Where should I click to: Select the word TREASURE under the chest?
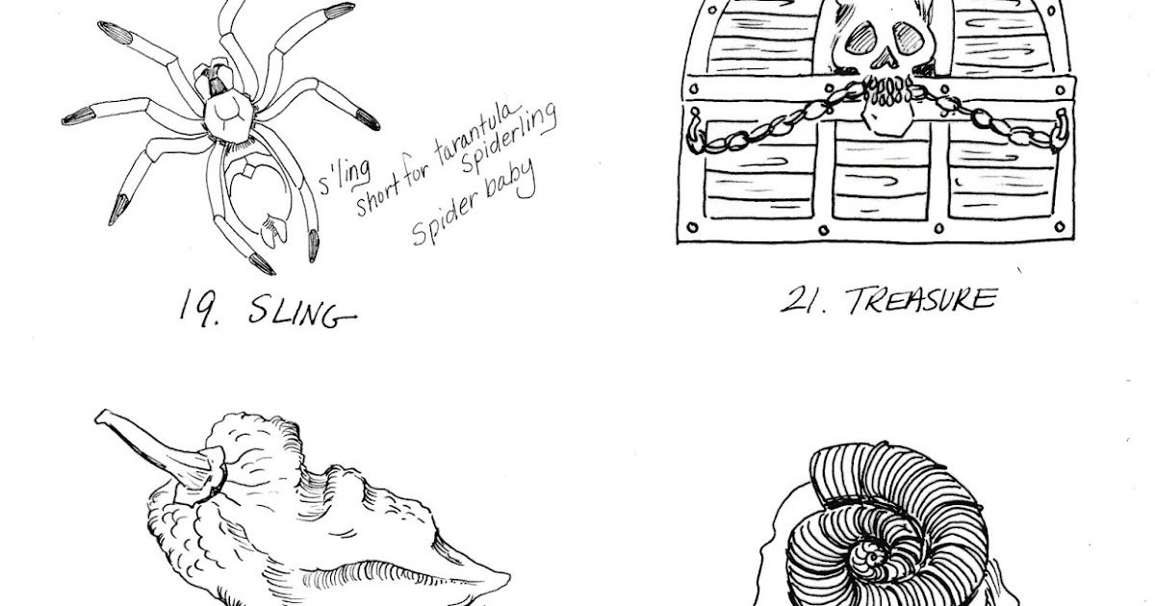coord(920,300)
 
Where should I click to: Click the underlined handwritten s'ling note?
coord(344,177)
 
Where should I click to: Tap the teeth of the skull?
coord(885,91)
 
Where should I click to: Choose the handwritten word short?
coord(376,195)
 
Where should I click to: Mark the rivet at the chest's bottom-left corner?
coord(692,227)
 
